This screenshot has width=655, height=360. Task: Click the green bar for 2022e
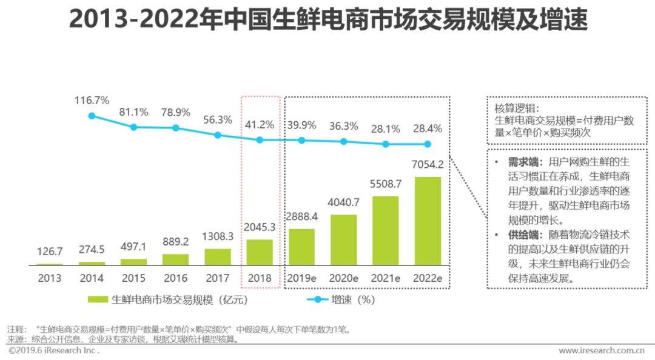click(x=427, y=221)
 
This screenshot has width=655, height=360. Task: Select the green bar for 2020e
click(x=343, y=239)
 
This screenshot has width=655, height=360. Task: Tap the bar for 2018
click(x=260, y=252)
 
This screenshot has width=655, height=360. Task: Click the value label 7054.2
click(x=427, y=165)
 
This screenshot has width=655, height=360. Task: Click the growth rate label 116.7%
click(x=92, y=99)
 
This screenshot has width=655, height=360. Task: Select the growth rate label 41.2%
click(x=260, y=124)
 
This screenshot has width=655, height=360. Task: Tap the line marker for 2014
click(x=92, y=115)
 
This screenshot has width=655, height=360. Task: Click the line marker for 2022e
click(x=427, y=144)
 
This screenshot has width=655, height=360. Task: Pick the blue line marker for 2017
click(x=218, y=135)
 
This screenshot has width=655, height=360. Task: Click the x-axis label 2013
click(x=49, y=278)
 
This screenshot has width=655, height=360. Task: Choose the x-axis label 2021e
click(x=386, y=278)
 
